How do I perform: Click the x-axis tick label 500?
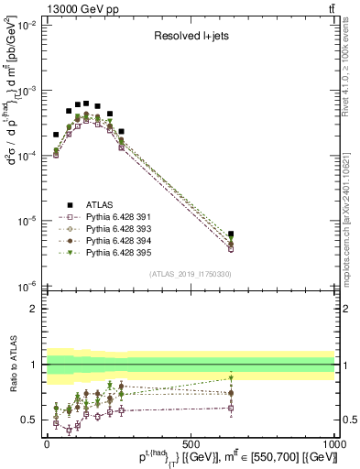click(x=191, y=442)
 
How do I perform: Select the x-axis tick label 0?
click(x=48, y=442)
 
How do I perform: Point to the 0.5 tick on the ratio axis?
click(x=34, y=420)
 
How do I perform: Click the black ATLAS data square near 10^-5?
click(x=231, y=234)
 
